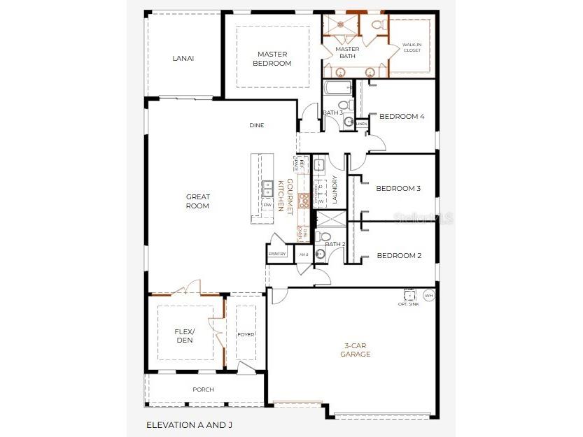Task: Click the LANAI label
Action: click(x=183, y=58)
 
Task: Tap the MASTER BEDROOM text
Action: click(x=272, y=59)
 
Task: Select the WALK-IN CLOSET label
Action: click(x=412, y=48)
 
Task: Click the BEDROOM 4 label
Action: click(x=401, y=117)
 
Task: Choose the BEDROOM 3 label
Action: click(x=398, y=188)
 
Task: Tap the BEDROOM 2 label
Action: click(x=399, y=255)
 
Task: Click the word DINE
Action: click(x=257, y=125)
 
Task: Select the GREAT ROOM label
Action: click(x=197, y=201)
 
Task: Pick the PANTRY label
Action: click(x=278, y=254)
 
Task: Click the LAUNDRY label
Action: click(x=335, y=189)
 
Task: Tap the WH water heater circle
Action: click(x=429, y=294)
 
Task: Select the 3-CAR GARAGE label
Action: click(x=357, y=350)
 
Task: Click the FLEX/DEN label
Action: click(x=183, y=336)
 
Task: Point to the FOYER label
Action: click(x=246, y=334)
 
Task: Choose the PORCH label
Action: click(x=203, y=389)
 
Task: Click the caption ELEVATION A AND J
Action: click(x=187, y=424)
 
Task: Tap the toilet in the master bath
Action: click(x=377, y=25)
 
